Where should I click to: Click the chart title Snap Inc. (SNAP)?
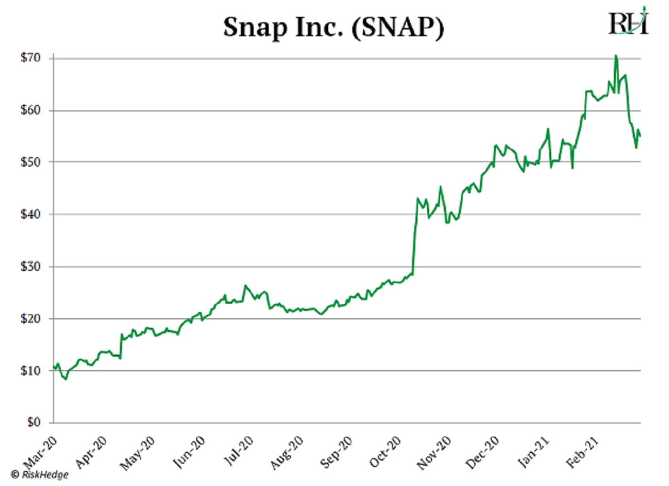coord(333,27)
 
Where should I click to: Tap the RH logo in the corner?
coord(628,22)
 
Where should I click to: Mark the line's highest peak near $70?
coord(615,55)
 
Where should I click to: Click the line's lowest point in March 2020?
coord(66,380)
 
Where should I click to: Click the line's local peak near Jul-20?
coord(245,285)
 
